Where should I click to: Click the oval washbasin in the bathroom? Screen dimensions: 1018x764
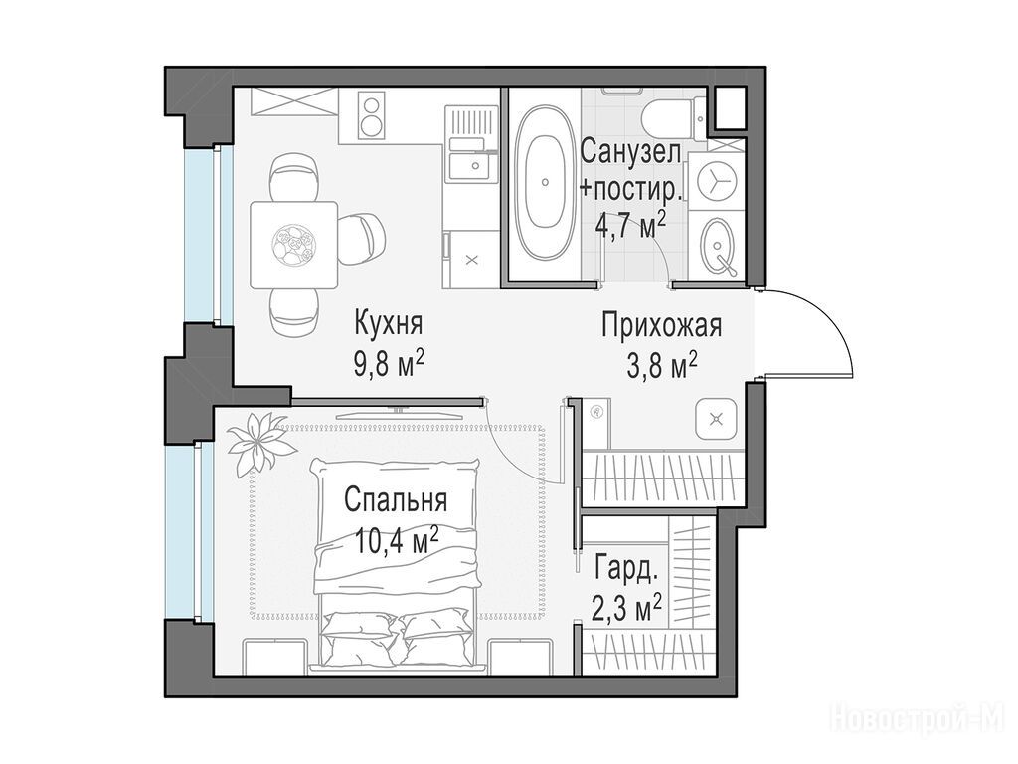pos(717,246)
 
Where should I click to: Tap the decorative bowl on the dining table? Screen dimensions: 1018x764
pos(293,245)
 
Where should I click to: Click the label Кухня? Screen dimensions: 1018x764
pos(389,322)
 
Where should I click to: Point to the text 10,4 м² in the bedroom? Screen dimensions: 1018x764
pos(397,539)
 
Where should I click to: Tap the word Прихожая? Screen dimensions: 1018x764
pos(661,326)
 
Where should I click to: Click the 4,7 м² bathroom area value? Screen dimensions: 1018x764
pos(630,225)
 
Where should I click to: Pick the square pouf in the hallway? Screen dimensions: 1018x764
pos(717,419)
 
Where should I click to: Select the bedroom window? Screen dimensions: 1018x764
pos(184,531)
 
